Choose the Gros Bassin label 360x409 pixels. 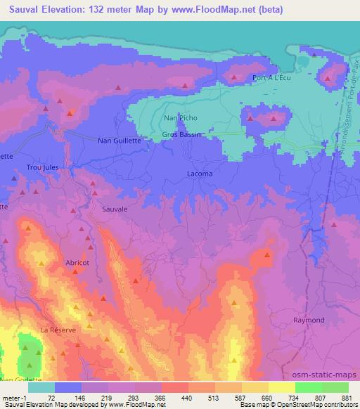[181, 134]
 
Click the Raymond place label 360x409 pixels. [309, 320]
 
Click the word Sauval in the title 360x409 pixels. [23, 9]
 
